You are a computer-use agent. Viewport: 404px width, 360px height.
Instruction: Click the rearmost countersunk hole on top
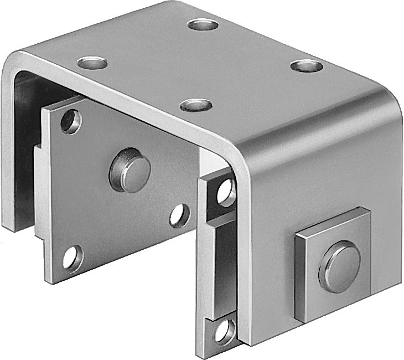[x=203, y=24]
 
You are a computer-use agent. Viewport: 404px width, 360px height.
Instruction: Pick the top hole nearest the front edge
[x=196, y=105]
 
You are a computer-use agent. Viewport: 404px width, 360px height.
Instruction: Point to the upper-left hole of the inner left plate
[x=71, y=121]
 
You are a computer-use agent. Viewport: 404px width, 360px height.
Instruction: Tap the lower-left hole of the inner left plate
[x=72, y=258]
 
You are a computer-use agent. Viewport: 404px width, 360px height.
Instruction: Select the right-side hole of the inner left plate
[x=179, y=215]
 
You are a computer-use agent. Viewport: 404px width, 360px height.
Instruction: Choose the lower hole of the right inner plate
[x=225, y=331]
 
